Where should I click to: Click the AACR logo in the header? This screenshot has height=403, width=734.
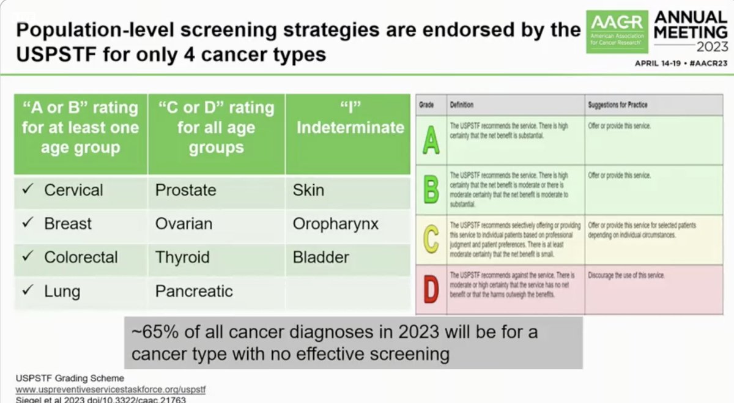tap(616, 31)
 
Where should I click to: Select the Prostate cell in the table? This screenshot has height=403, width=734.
tap(185, 190)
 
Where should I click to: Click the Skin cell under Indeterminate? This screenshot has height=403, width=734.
tap(308, 190)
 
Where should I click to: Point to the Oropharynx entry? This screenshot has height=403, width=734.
tap(335, 224)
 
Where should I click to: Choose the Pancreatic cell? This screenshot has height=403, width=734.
tap(194, 290)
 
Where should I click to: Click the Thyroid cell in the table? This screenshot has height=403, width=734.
tap(182, 257)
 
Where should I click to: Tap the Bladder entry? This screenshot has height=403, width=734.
tap(321, 257)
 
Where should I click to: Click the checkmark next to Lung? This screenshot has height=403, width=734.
tap(28, 290)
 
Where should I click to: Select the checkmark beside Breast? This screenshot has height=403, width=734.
tap(28, 224)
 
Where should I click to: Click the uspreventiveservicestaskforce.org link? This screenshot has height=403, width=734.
tap(109, 389)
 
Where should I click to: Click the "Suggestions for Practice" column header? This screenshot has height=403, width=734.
tap(617, 105)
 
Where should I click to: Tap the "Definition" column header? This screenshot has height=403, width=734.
tap(461, 105)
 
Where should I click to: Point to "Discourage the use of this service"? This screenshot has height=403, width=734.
tap(626, 276)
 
